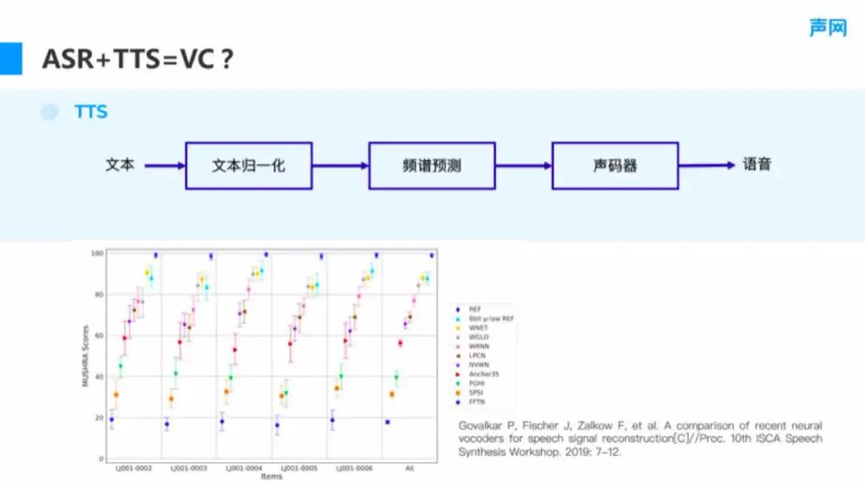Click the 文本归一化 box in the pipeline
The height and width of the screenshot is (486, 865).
coord(248,166)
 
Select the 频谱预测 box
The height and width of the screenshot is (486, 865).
coord(432,166)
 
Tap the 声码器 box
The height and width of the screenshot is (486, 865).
coord(615,166)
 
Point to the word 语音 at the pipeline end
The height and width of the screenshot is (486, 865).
coord(756,165)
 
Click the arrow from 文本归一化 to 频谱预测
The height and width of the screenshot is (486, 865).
coord(340,166)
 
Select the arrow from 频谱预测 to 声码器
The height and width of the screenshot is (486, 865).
coord(524,166)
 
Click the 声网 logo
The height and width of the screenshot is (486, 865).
coord(827,27)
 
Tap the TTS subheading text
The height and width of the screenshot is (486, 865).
coord(91,112)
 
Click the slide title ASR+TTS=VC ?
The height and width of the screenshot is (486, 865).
coord(138,59)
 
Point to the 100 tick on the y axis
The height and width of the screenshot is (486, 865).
coord(98,254)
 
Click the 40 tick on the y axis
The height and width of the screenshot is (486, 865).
coord(99,377)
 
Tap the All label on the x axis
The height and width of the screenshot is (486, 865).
coord(409,468)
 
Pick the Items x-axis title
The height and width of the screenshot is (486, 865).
coord(272,476)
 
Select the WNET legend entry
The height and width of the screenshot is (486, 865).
coord(480,327)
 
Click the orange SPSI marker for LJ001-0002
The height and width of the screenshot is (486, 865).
coord(116,395)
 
